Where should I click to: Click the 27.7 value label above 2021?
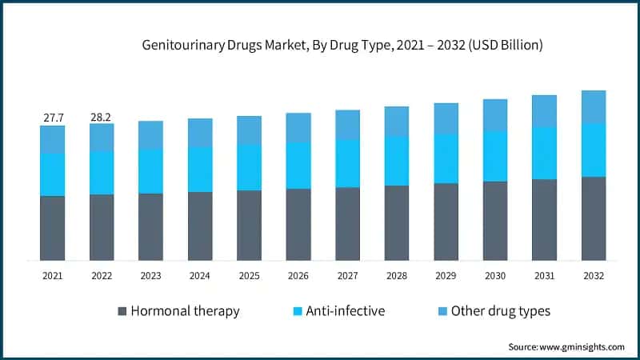[x=54, y=118]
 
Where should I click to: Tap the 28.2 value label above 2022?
[x=102, y=118]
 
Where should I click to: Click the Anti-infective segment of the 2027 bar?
[x=347, y=163]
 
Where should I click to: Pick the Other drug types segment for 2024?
[x=200, y=132]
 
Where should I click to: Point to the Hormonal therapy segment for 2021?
[x=53, y=228]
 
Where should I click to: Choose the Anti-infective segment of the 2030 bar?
[x=495, y=156]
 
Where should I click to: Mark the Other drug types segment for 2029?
[x=446, y=118]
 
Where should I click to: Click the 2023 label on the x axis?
[x=150, y=275]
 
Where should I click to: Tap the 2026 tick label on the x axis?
[x=298, y=275]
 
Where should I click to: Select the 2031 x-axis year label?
[x=544, y=275]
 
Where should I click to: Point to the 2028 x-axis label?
[x=397, y=275]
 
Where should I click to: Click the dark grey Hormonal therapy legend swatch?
[x=122, y=311]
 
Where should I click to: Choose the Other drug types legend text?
[x=500, y=311]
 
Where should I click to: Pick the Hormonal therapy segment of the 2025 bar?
[x=249, y=226]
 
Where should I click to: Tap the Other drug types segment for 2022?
[x=102, y=137]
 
